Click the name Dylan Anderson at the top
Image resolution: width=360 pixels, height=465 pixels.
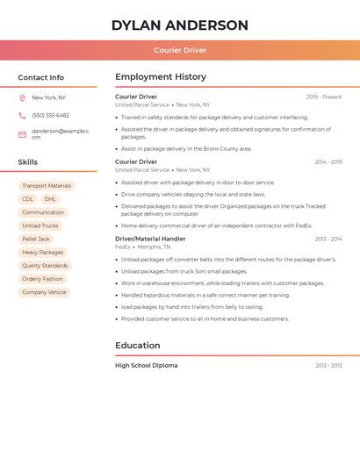pyautogui.click(x=180, y=25)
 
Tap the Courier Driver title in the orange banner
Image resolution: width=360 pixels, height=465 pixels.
pyautogui.click(x=180, y=50)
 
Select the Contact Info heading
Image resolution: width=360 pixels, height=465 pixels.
pyautogui.click(x=41, y=77)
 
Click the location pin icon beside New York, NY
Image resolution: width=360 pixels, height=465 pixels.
pyautogui.click(x=22, y=97)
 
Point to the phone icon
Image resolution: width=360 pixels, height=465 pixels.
pyautogui.click(x=22, y=115)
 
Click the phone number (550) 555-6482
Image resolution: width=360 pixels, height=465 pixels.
pyautogui.click(x=50, y=115)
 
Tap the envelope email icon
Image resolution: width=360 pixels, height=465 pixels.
pyautogui.click(x=22, y=133)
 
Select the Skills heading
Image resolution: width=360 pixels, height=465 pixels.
pyautogui.click(x=28, y=162)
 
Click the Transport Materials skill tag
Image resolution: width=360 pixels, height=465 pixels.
pyautogui.click(x=47, y=186)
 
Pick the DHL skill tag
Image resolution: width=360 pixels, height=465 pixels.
pyautogui.click(x=50, y=199)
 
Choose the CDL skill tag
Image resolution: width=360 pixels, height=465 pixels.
pyautogui.click(x=28, y=199)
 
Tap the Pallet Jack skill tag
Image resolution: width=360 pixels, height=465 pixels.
pyautogui.click(x=36, y=239)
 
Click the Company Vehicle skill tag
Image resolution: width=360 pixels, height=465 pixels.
pyautogui.click(x=44, y=292)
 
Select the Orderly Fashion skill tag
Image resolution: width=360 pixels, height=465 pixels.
pyautogui.click(x=42, y=279)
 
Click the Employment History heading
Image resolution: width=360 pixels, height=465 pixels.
pyautogui.click(x=161, y=77)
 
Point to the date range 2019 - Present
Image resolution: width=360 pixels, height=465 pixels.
pyautogui.click(x=324, y=97)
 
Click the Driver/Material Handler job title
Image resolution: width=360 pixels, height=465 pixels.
pyautogui.click(x=150, y=239)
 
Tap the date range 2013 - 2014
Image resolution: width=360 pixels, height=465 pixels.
pyautogui.click(x=328, y=239)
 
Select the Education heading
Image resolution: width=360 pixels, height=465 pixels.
pyautogui.click(x=137, y=346)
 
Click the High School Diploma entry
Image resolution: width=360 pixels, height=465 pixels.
pyautogui.click(x=146, y=365)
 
